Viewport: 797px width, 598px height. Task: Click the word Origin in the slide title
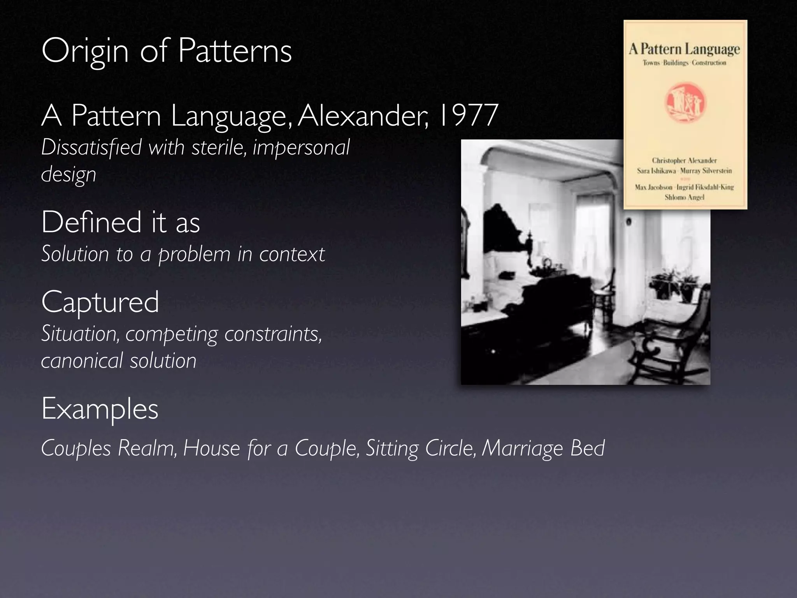85,51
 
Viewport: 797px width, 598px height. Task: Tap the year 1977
468,116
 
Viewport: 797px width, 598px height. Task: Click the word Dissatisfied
91,148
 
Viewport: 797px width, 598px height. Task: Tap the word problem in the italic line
195,254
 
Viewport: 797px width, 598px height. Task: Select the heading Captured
100,302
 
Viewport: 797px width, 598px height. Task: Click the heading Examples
100,409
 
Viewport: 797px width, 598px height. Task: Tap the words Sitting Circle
421,448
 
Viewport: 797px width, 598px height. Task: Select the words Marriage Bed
543,448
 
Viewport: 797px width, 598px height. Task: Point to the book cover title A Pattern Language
685,49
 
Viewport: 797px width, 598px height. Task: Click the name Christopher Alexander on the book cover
685,160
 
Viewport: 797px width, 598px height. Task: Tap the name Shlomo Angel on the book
685,197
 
